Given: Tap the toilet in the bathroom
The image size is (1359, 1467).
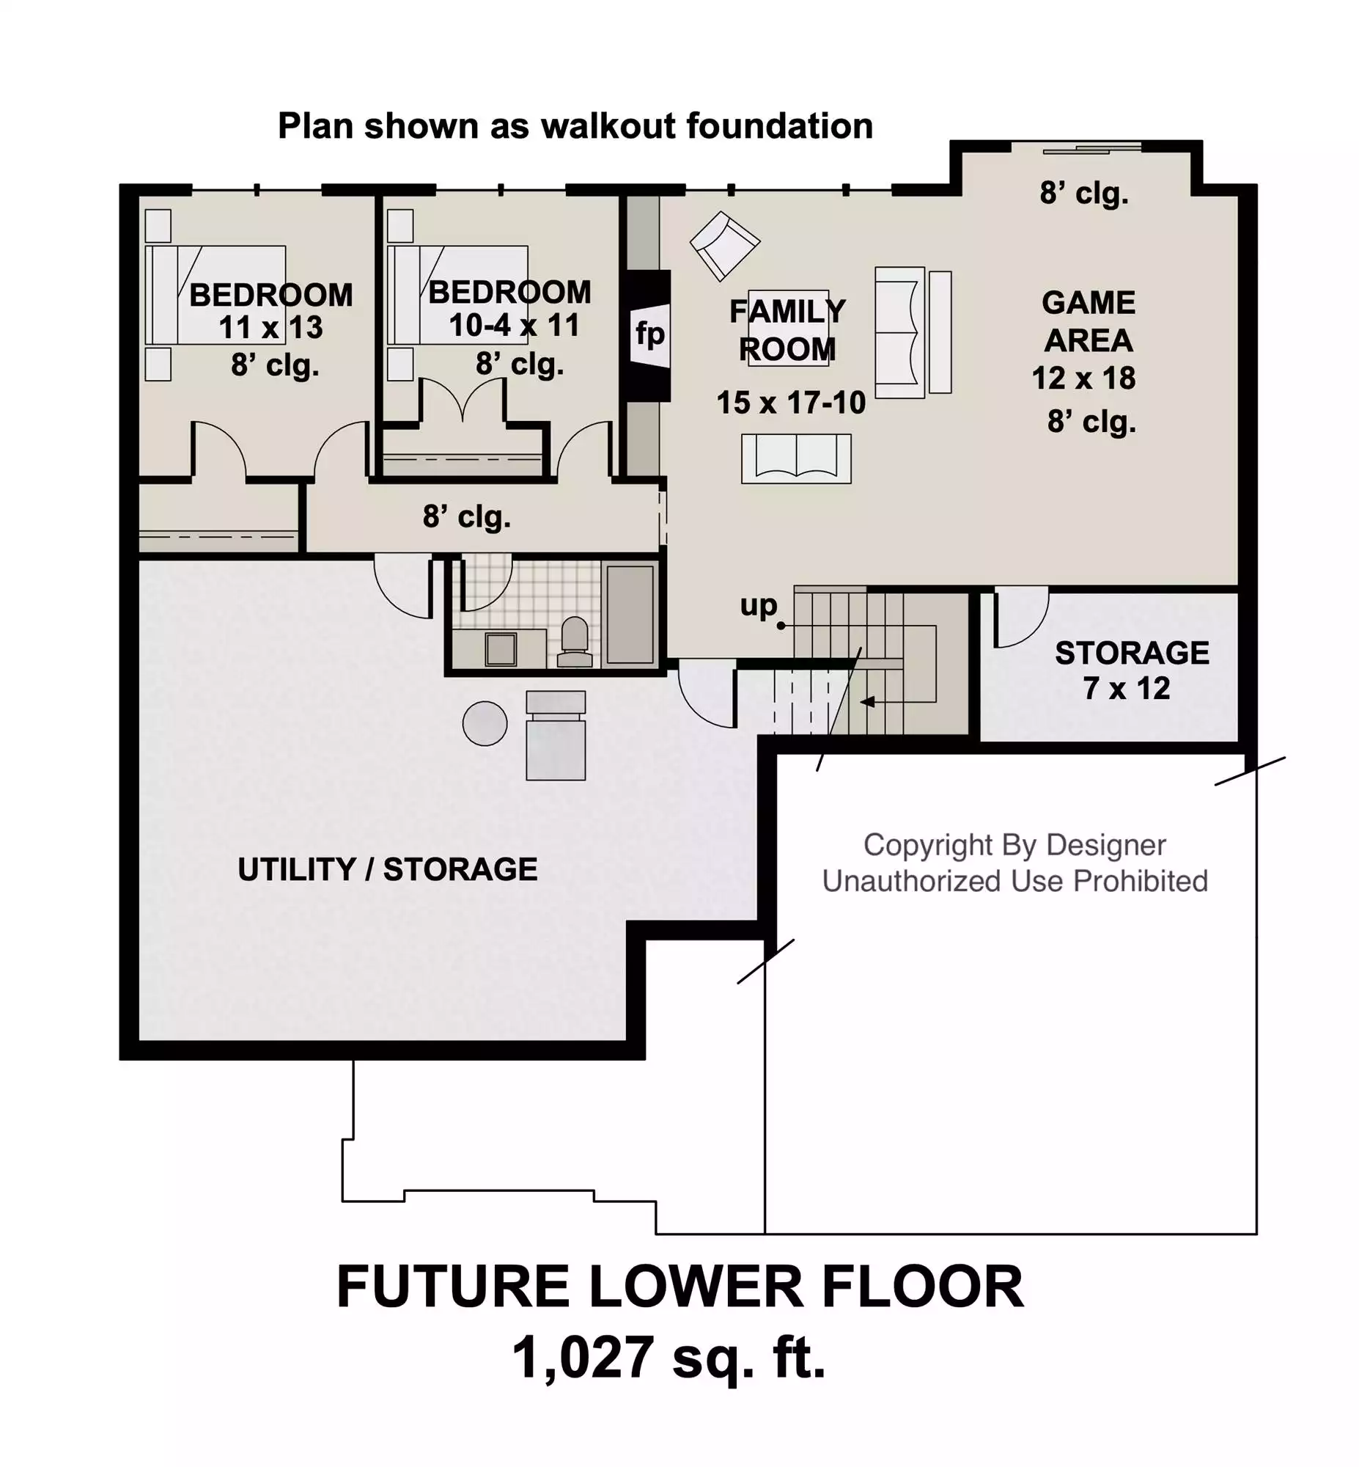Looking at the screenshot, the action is [x=575, y=641].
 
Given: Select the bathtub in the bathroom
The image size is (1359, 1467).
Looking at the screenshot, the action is [x=630, y=614].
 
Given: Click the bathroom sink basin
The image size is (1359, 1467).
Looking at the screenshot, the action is [x=501, y=649].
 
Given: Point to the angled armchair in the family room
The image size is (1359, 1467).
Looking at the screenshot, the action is [x=724, y=245].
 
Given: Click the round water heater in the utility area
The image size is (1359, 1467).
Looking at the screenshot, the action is [x=485, y=723].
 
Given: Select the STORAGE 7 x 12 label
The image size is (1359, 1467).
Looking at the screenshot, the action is [x=1131, y=670].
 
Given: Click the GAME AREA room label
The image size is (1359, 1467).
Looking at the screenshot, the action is [x=1089, y=321].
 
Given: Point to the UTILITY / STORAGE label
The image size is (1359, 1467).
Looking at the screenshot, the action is [x=388, y=870].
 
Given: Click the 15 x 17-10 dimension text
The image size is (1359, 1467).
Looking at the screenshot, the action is [x=790, y=403].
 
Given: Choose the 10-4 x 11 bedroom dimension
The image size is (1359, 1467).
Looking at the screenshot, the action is [x=514, y=325].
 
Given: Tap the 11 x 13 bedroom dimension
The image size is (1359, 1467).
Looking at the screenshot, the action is [x=270, y=327].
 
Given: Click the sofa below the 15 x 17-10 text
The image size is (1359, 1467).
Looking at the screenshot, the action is [x=796, y=458].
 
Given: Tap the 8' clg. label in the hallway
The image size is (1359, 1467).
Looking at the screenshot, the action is [x=466, y=517].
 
